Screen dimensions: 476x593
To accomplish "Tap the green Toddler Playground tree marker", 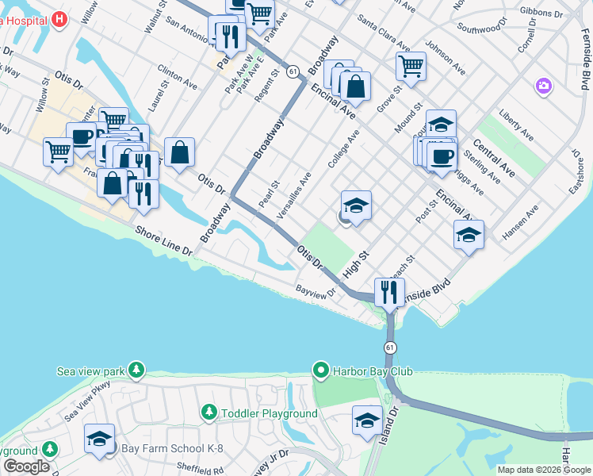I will [209, 413].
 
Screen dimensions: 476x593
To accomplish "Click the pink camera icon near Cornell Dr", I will [543, 84].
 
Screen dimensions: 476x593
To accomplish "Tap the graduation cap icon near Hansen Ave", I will [469, 233].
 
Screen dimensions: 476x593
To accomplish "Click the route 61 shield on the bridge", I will [390, 348].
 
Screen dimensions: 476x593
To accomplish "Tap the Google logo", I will [26, 466].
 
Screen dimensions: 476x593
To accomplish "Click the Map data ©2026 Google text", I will [544, 470].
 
